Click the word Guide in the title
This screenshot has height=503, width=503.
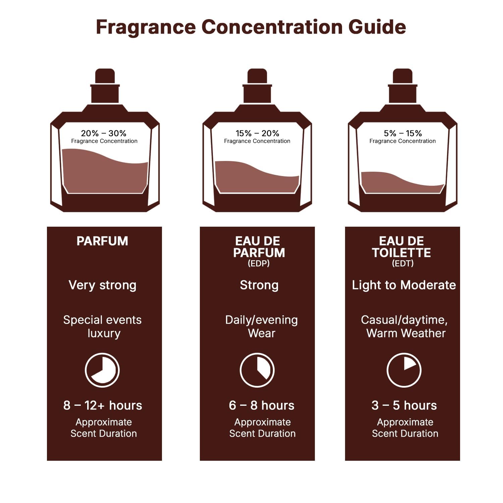377,27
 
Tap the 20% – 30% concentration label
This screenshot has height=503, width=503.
104,133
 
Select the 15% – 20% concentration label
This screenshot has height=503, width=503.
257,133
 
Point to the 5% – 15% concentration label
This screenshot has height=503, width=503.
403,133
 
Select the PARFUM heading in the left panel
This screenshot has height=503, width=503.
102,241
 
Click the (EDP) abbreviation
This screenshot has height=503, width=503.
259,264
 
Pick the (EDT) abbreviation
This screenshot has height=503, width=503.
403,264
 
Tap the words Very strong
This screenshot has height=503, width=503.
102,285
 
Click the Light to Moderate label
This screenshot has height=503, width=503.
404,285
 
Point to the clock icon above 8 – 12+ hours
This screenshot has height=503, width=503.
102,370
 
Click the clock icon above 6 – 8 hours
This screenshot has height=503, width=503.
257,370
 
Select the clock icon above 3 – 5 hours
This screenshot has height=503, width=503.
404,370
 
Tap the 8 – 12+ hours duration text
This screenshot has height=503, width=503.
103,405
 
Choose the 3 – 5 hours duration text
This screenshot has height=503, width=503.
404,405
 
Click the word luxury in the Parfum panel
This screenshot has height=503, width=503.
104,333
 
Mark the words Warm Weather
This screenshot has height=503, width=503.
406,333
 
